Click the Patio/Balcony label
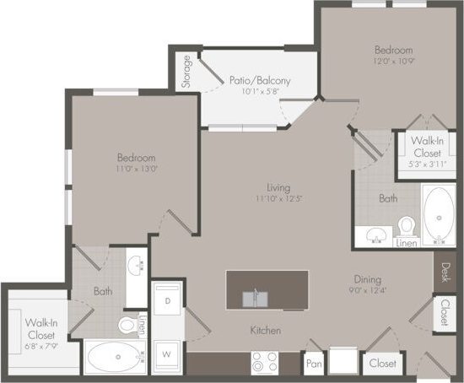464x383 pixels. pyautogui.click(x=260, y=80)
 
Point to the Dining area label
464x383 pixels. pyautogui.click(x=368, y=279)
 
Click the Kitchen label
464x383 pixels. pyautogui.click(x=265, y=330)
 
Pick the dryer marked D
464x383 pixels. pyautogui.click(x=168, y=301)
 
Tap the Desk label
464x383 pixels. pyautogui.click(x=445, y=273)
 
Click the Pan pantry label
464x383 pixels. pyautogui.click(x=313, y=364)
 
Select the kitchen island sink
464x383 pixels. pyautogui.click(x=256, y=297)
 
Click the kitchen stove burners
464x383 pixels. pyautogui.click(x=264, y=363)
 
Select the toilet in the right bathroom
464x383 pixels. pyautogui.click(x=407, y=226)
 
